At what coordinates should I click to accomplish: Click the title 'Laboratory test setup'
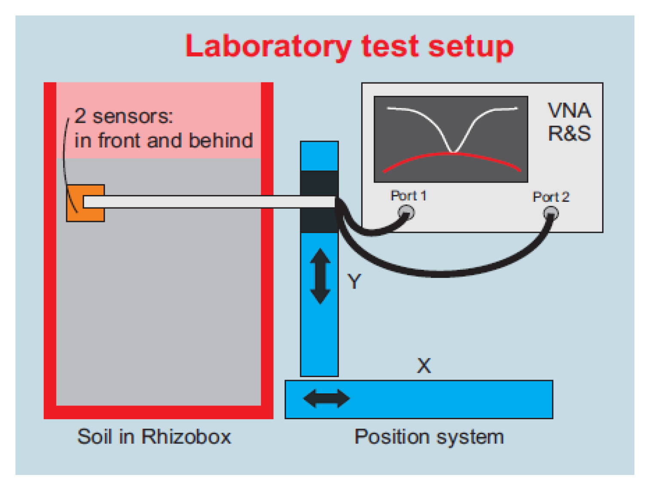coord(349,46)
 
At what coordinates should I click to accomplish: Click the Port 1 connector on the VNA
coord(406,212)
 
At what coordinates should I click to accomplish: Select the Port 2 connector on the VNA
coord(551,213)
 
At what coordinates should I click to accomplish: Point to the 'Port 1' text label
coord(408,196)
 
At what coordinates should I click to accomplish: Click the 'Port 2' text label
coord(551,197)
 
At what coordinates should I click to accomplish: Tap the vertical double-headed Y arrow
coord(320,276)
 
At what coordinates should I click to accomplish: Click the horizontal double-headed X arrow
coord(326,399)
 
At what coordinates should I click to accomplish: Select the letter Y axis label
coord(354,282)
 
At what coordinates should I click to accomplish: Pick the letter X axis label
coord(424,366)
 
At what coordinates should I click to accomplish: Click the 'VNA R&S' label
coord(569,122)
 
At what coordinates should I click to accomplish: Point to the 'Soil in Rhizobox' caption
coord(154,437)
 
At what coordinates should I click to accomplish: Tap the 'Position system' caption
coord(429,437)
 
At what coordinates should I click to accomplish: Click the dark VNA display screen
coord(451,129)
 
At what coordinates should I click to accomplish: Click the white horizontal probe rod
coord(206,202)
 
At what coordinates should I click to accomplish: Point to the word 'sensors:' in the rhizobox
coord(133,116)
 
